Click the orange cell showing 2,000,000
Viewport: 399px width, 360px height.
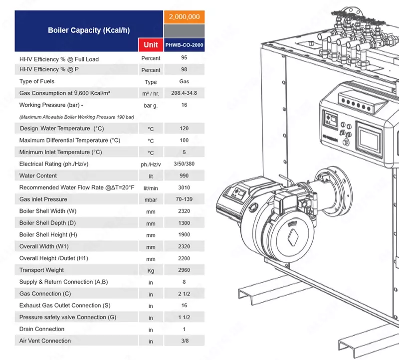coord(184,17)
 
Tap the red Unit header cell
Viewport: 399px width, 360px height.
coord(151,44)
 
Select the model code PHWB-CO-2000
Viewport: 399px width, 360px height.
coord(184,44)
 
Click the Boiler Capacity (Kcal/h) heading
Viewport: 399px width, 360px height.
coord(89,30)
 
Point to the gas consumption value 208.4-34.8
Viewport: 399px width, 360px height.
coord(184,93)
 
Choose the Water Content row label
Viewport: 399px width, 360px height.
coord(38,176)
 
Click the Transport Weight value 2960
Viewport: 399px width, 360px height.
coord(184,270)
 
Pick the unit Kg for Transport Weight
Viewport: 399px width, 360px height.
coord(151,270)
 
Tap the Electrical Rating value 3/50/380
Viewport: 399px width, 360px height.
coord(184,164)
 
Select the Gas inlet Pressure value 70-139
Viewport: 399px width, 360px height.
coord(184,199)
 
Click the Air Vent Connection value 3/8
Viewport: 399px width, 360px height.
coord(184,341)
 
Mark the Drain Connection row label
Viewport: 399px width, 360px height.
coord(42,329)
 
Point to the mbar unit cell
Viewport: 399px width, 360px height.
coord(151,199)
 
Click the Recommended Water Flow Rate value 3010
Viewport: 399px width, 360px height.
coord(184,187)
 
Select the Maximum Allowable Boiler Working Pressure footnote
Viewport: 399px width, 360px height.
coord(76,117)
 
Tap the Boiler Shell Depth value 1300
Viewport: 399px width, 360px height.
coord(184,223)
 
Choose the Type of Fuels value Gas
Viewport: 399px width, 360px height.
coord(184,81)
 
